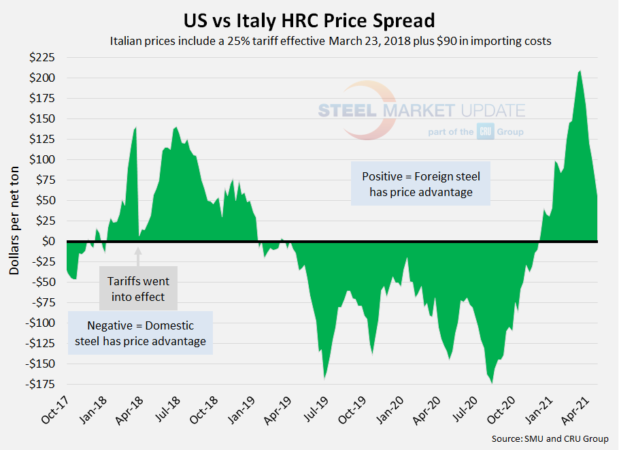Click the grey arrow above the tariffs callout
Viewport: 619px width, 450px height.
click(x=138, y=257)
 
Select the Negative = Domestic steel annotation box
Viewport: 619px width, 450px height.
click(x=140, y=333)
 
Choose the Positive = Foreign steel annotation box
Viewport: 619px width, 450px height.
click(x=420, y=184)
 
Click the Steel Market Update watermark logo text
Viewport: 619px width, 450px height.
click(x=422, y=111)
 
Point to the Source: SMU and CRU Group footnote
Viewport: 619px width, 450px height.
click(x=550, y=438)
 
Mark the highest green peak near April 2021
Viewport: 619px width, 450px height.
click(x=580, y=71)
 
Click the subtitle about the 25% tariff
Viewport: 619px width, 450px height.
click(x=330, y=41)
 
